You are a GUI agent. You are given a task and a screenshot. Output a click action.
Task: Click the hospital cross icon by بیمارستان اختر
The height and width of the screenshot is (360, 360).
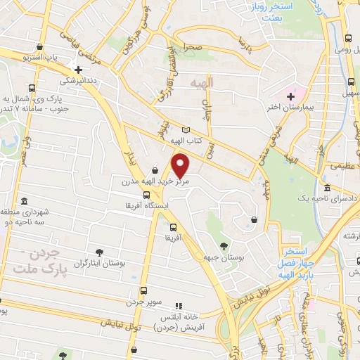[290, 96]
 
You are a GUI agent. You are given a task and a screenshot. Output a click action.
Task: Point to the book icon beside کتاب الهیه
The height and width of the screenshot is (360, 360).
[186, 130]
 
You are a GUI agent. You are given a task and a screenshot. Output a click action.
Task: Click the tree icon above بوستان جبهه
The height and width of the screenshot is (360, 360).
[224, 246]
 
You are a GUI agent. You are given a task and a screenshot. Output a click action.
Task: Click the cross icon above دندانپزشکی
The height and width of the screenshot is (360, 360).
[78, 70]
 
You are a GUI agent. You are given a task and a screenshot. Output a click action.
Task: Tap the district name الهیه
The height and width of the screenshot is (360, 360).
[217, 83]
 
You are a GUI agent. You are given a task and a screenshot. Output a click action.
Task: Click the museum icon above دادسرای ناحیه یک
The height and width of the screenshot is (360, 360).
[327, 188]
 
